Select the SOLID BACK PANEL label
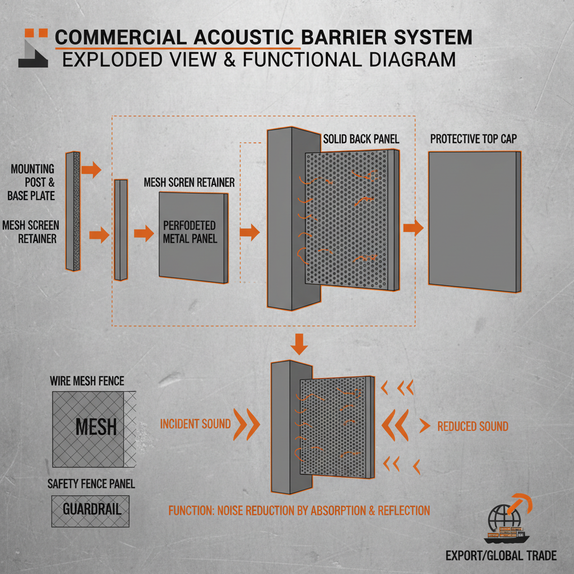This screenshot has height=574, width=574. [361, 138]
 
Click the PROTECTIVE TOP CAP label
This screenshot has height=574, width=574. [474, 138]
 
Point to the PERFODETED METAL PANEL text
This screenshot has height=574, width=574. [189, 232]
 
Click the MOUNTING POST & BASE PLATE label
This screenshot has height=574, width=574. [31, 182]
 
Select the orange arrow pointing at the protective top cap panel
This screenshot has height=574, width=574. [414, 227]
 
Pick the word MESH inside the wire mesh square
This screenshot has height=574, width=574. [96, 427]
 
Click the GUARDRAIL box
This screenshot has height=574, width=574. [90, 510]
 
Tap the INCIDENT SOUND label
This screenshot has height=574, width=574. [195, 424]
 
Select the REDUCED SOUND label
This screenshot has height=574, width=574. [473, 427]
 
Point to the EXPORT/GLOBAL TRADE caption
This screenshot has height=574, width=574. [501, 556]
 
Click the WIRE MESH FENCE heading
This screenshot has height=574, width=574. [87, 382]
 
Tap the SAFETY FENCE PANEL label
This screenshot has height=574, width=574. [91, 484]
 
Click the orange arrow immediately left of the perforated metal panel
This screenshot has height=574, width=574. [144, 233]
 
